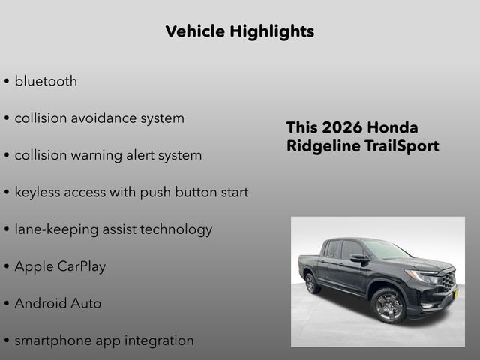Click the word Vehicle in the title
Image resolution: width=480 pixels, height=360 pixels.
pyautogui.click(x=193, y=31)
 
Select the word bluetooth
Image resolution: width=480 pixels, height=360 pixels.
pyautogui.click(x=46, y=81)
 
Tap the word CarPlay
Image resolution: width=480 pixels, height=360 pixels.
pyautogui.click(x=82, y=266)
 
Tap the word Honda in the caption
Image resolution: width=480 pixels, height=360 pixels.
pyautogui.click(x=396, y=127)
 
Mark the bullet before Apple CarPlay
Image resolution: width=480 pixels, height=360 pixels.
pyautogui.click(x=7, y=267)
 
